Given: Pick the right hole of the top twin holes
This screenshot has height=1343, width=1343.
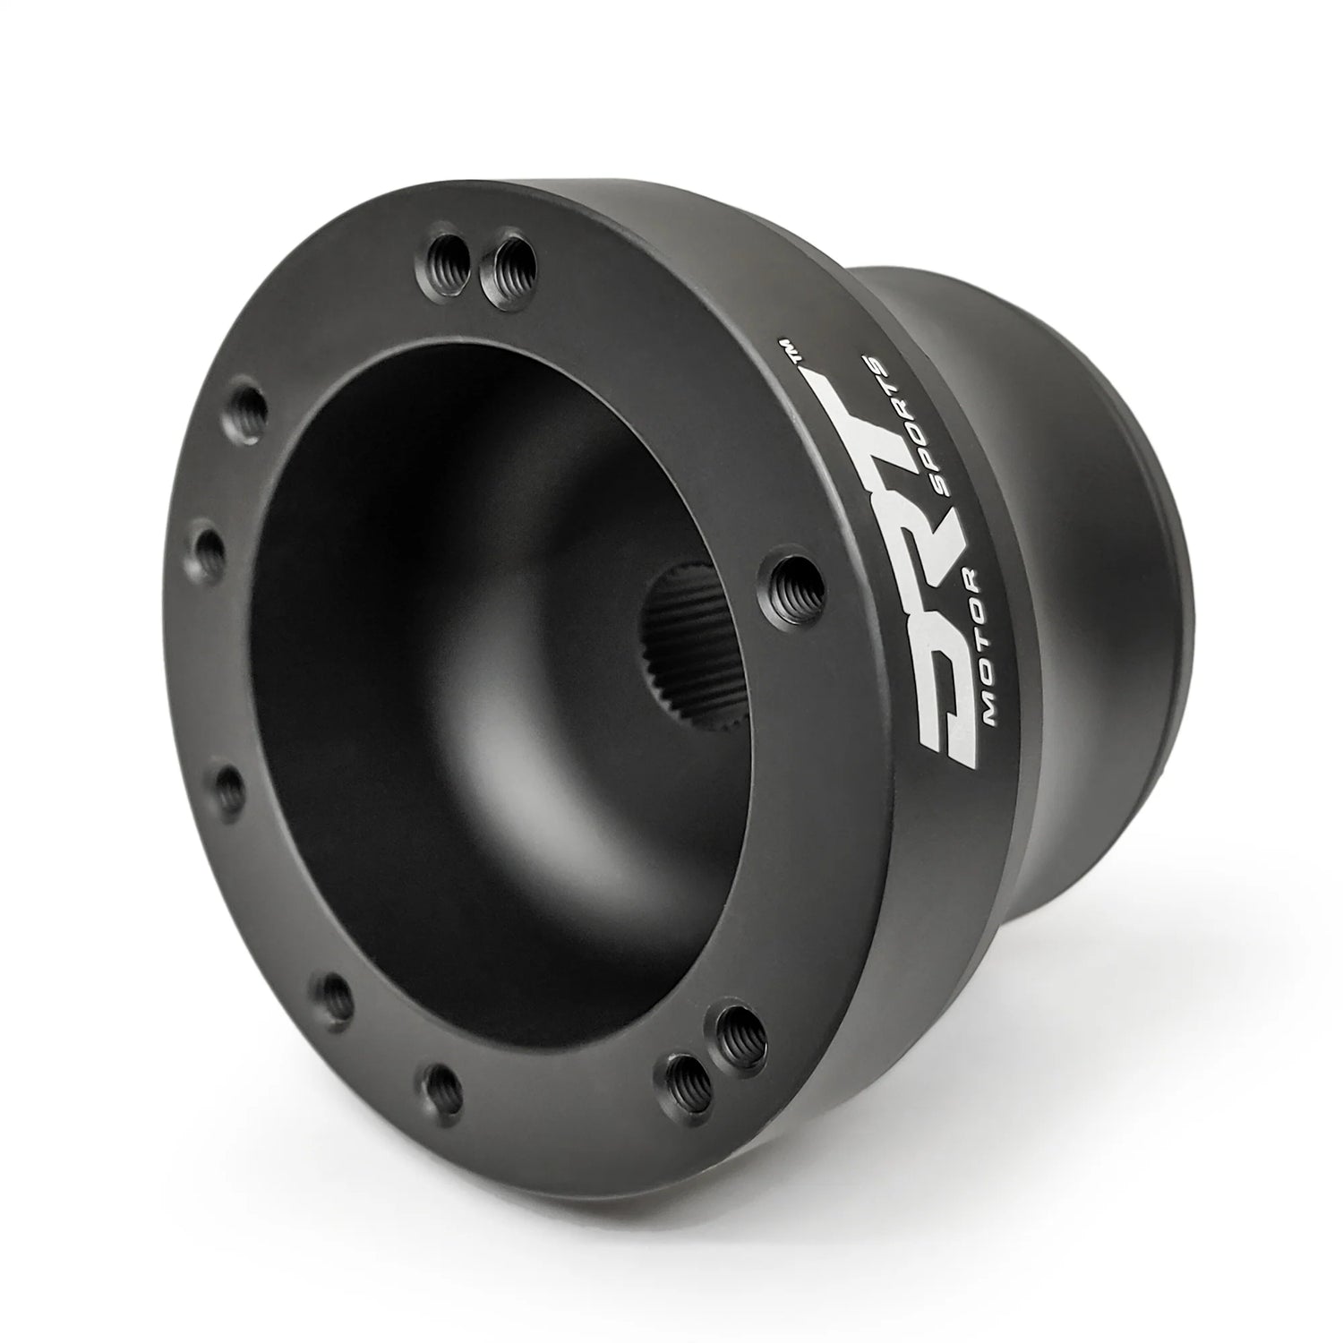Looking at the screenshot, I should [x=506, y=266].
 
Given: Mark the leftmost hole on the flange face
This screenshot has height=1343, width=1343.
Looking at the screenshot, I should [x=208, y=550].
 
